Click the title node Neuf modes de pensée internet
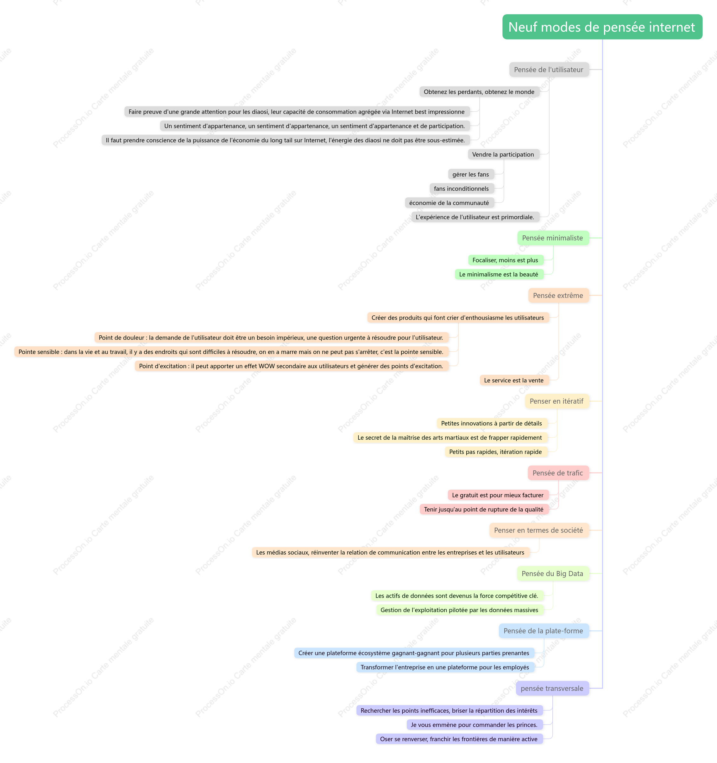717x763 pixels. point(602,27)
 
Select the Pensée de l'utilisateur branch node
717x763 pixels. point(549,70)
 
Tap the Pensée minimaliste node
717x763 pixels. point(553,238)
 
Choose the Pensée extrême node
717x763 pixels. point(558,295)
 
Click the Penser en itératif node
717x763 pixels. point(557,401)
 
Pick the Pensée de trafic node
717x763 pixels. point(558,473)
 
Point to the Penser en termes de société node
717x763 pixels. point(539,530)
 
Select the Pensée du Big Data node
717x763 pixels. point(553,574)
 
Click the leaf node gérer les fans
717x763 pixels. point(471,174)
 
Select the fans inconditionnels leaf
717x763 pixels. point(462,189)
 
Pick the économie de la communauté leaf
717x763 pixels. point(449,203)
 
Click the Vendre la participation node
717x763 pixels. point(503,154)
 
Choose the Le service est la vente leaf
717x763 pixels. point(514,380)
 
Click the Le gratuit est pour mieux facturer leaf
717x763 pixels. point(498,495)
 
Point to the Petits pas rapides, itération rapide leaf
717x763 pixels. point(496,452)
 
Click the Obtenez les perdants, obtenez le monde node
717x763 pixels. point(479,92)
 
